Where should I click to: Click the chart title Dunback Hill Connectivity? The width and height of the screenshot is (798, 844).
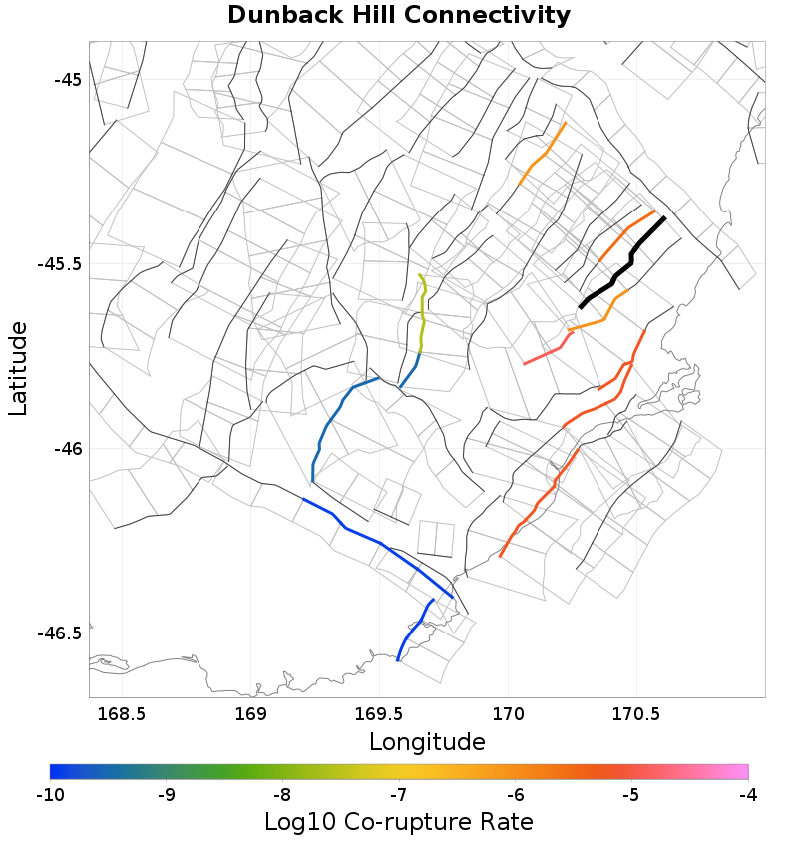399,16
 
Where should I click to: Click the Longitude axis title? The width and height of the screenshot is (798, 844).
427,742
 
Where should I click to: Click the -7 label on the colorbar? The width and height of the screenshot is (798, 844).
399,795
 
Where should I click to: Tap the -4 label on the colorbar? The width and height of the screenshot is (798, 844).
747,795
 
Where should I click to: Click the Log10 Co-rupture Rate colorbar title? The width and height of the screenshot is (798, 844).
399,822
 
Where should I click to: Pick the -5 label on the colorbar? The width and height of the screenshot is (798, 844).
631,795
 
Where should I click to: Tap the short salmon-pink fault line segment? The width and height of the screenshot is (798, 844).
545,355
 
